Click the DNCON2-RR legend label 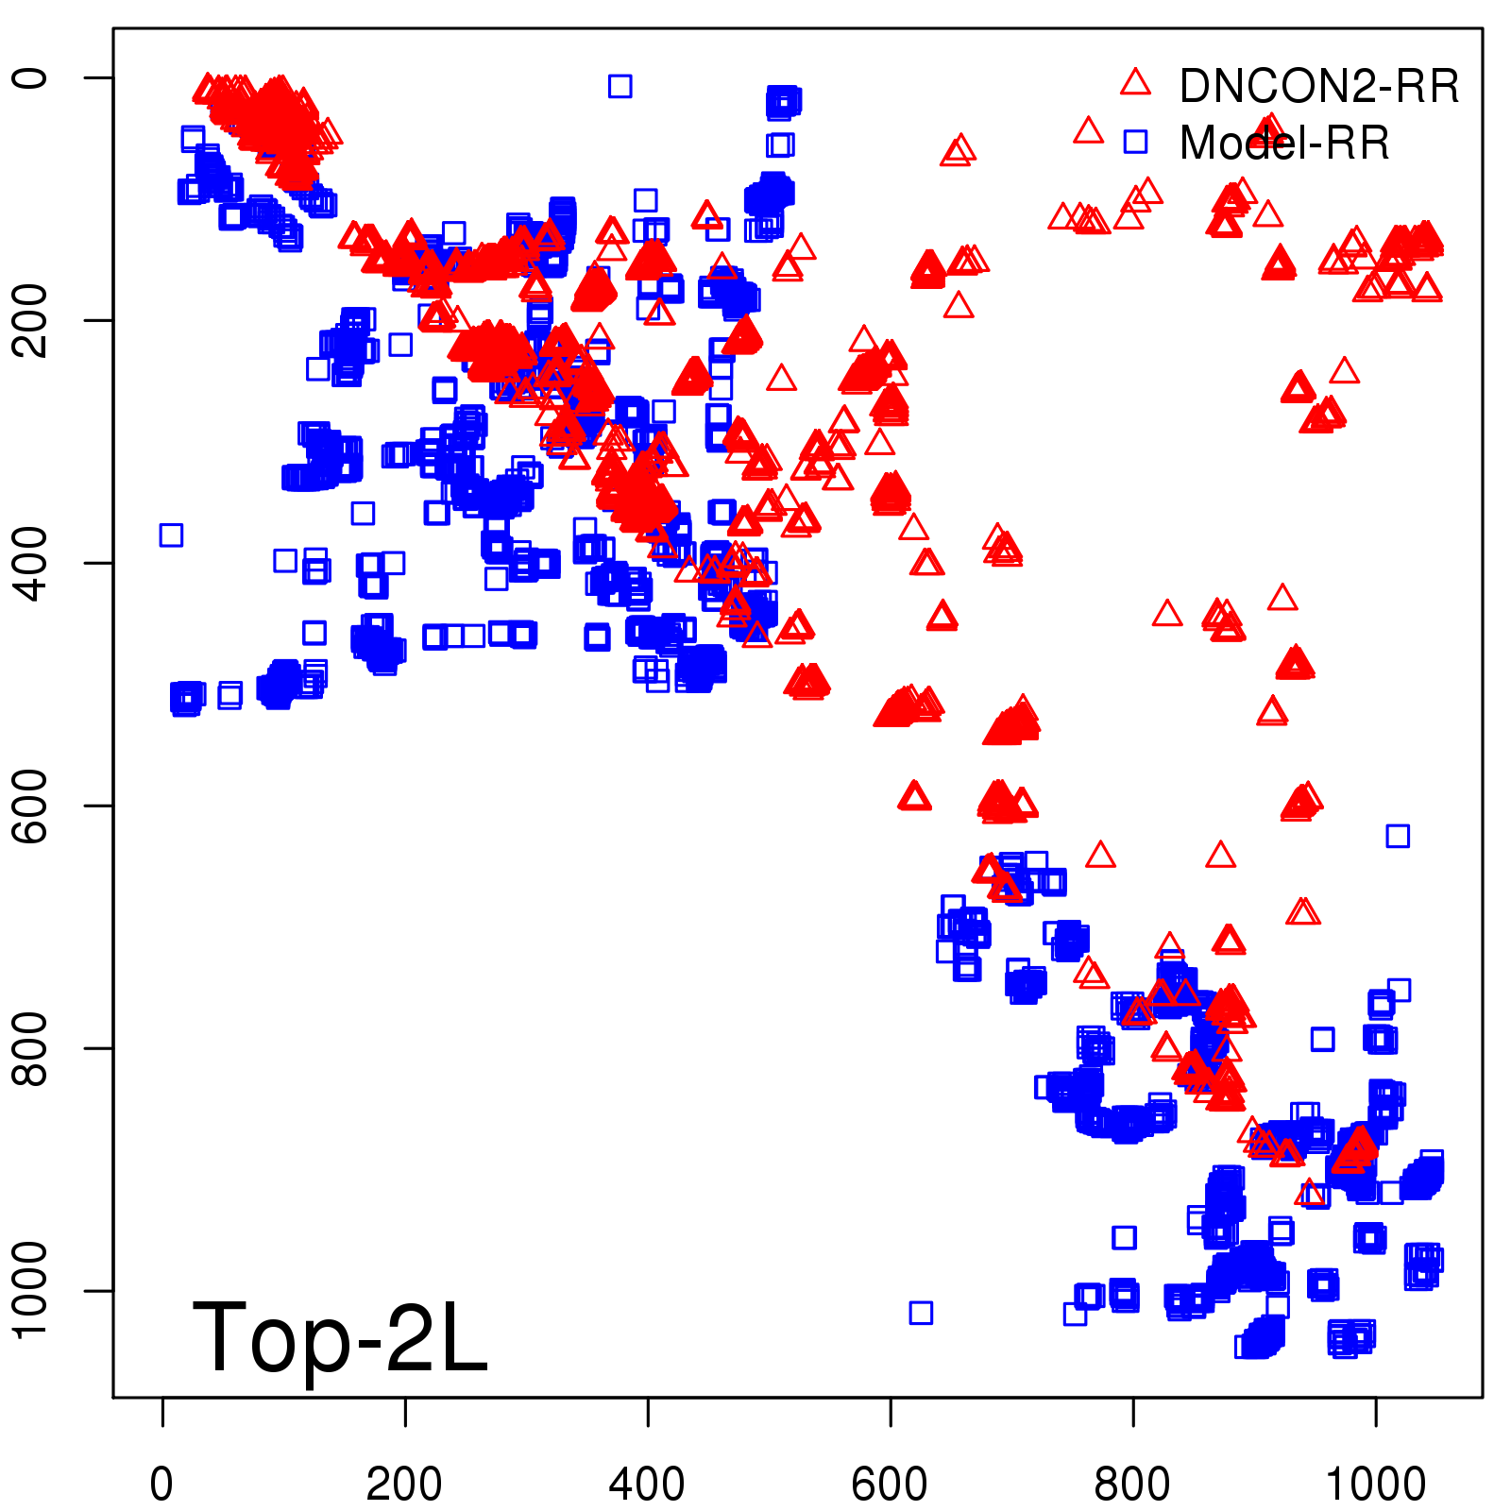[x=1318, y=86]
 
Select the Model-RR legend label [x=1284, y=143]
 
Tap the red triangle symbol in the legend [x=1135, y=83]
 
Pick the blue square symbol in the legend [x=1135, y=142]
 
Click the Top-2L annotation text [x=340, y=1336]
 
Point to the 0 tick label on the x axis [x=162, y=1485]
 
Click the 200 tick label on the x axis [x=404, y=1485]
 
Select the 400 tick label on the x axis [x=647, y=1485]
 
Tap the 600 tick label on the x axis [x=890, y=1485]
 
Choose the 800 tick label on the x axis [x=1132, y=1485]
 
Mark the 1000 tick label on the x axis [x=1375, y=1485]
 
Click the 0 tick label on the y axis [x=30, y=77]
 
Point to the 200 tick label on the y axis [x=30, y=320]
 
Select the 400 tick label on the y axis [x=30, y=563]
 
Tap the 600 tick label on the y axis [x=30, y=806]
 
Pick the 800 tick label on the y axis [x=30, y=1048]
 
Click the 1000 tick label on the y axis [x=30, y=1290]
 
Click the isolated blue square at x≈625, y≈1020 [x=921, y=1313]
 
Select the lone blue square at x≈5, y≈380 [x=171, y=535]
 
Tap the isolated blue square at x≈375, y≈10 [x=620, y=86]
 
